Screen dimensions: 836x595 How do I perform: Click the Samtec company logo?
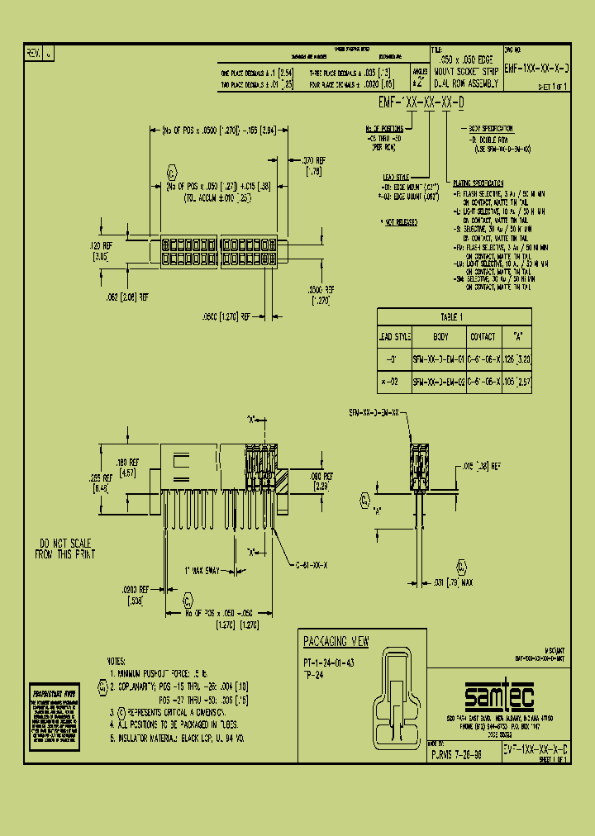[499, 696]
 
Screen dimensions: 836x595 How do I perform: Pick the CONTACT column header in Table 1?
[483, 337]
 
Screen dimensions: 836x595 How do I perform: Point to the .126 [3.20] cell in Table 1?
[518, 359]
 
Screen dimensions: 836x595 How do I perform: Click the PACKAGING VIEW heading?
[336, 642]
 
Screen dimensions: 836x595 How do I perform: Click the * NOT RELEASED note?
[398, 222]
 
